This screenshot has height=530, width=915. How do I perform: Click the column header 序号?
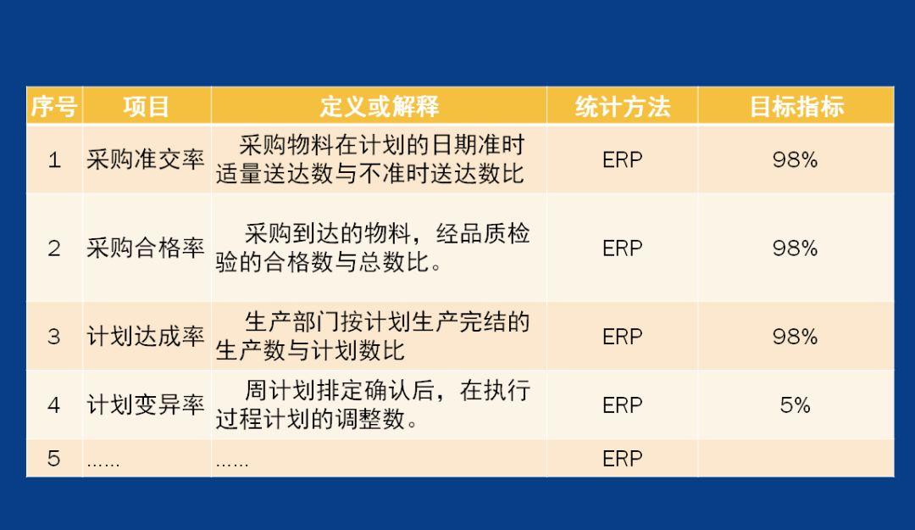[x=54, y=107]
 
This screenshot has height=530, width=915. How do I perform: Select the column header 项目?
[x=146, y=107]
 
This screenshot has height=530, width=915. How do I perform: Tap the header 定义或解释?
[x=379, y=107]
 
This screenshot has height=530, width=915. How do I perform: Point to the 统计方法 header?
[x=622, y=107]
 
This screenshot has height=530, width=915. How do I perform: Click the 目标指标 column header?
[x=796, y=107]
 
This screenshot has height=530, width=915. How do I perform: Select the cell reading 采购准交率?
[x=146, y=159]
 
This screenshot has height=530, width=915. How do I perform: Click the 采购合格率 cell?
[x=146, y=248]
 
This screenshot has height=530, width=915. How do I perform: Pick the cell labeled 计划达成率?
[x=146, y=336]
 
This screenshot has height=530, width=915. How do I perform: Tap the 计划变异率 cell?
[x=146, y=404]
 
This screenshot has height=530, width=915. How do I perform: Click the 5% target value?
[x=795, y=405]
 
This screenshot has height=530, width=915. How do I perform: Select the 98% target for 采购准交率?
[x=795, y=159]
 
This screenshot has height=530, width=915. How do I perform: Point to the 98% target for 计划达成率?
[x=795, y=337]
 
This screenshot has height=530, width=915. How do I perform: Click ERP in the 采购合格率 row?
[x=622, y=248]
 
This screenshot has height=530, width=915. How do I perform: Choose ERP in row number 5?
[x=622, y=459]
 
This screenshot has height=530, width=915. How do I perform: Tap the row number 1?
[x=54, y=159]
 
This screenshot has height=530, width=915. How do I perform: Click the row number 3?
[x=54, y=337]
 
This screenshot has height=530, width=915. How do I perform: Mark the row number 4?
[x=54, y=405]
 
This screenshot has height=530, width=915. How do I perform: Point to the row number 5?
[x=54, y=459]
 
